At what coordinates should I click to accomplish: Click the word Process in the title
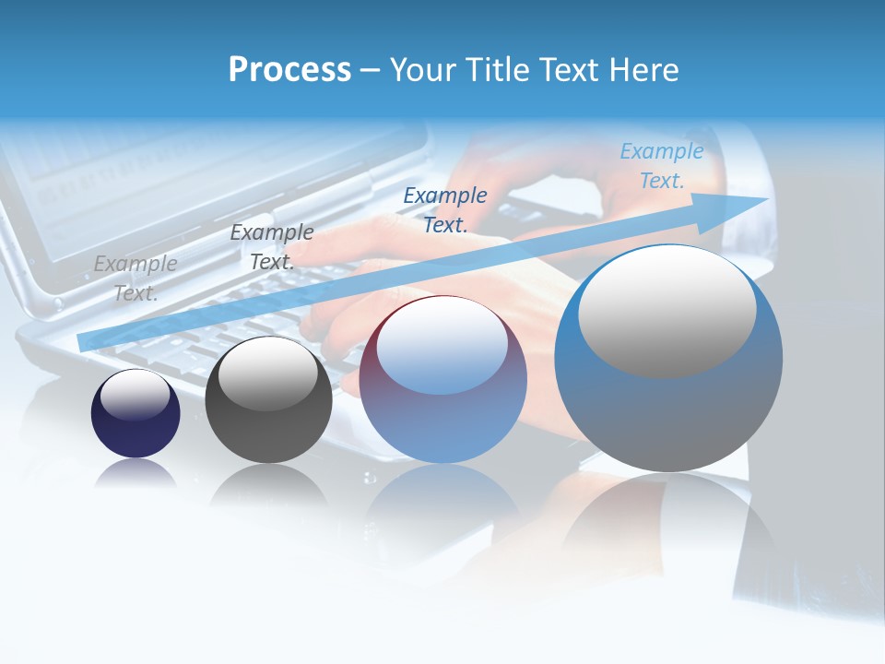[x=289, y=70]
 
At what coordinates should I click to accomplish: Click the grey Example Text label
[x=136, y=278]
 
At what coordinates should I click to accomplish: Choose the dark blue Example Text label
[x=445, y=209]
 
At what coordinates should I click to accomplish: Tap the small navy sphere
[x=136, y=424]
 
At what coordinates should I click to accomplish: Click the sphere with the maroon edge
[x=442, y=397]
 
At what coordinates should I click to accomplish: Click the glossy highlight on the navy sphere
[x=135, y=394]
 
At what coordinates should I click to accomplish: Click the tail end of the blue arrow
[x=85, y=341]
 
